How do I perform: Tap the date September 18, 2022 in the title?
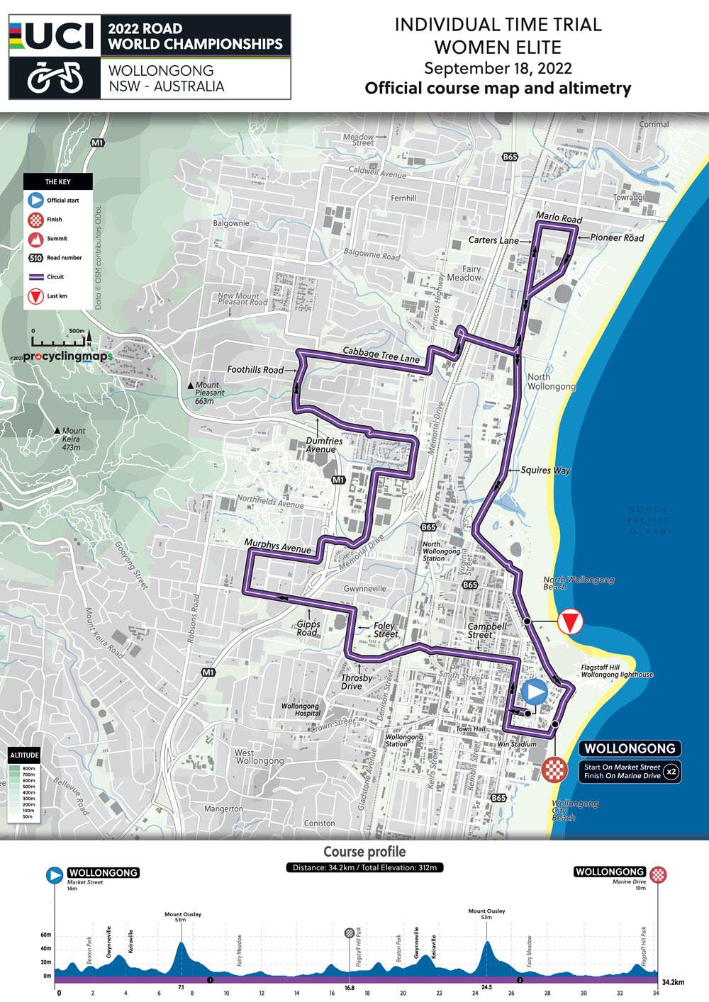point(498,69)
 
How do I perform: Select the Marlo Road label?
point(559,218)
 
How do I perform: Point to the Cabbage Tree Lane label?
point(381,355)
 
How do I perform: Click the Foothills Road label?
point(255,370)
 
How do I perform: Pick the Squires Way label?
point(545,470)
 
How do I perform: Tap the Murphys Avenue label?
point(277,546)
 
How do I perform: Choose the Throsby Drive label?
point(357,682)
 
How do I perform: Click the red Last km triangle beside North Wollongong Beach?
point(569,622)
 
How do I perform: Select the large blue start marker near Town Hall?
point(534,692)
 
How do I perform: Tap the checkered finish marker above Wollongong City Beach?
point(554,769)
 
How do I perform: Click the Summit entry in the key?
point(57,239)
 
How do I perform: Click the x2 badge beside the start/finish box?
point(671,771)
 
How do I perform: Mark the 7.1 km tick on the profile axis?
point(181,988)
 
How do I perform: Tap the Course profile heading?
point(364,852)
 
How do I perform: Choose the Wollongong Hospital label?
point(300,709)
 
